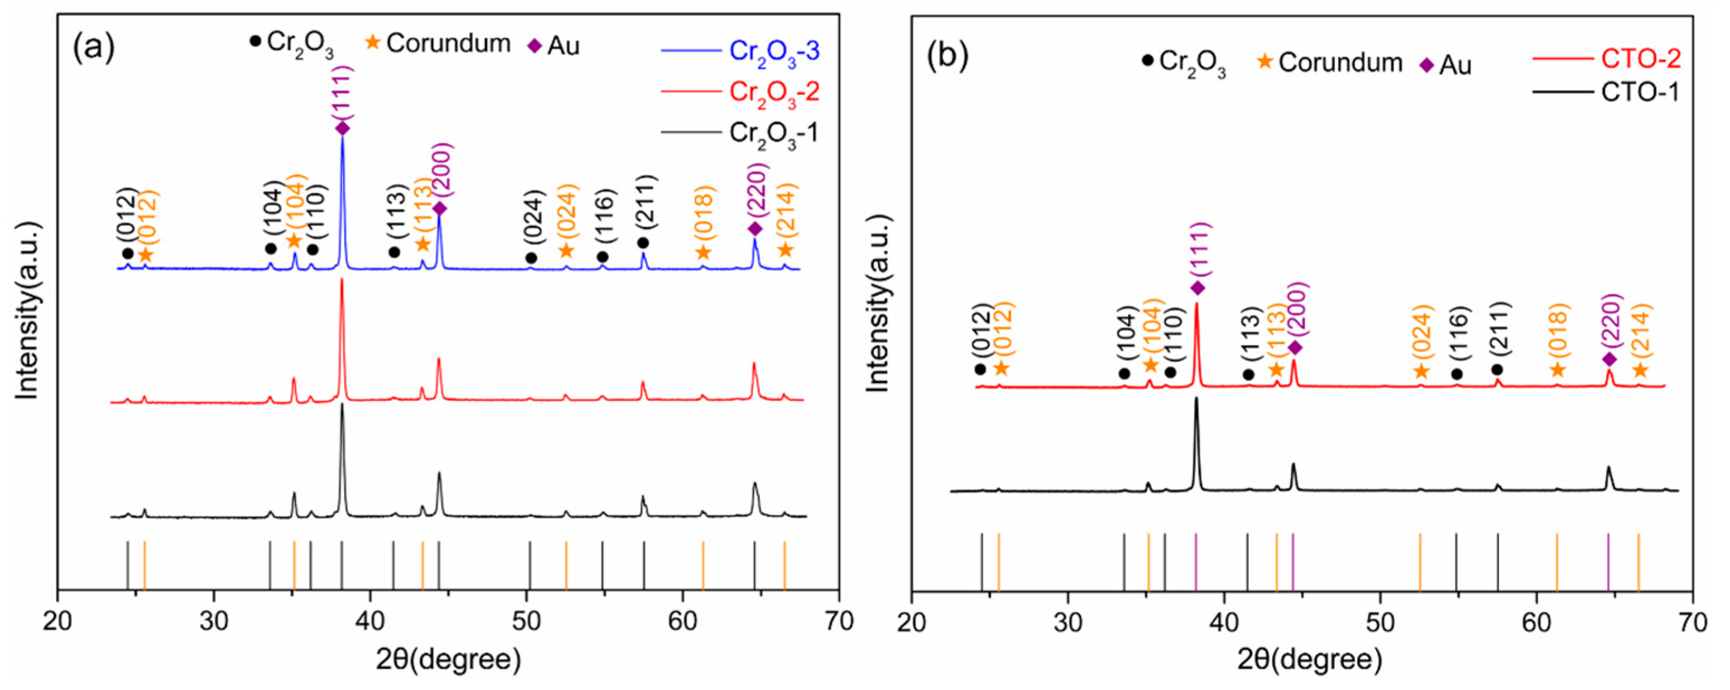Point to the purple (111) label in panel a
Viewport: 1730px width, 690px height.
[343, 92]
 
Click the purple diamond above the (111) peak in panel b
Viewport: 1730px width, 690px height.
[1197, 288]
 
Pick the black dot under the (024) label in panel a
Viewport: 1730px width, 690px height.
[530, 258]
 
